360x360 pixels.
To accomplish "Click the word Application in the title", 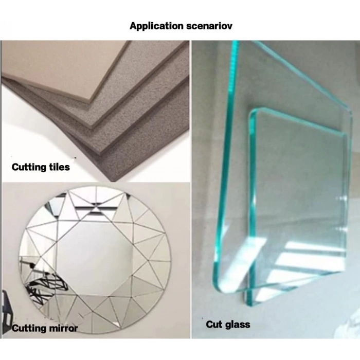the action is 156,26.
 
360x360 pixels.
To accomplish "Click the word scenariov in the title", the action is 209,26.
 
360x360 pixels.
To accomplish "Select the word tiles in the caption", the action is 59,167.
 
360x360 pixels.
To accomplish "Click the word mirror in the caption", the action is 63,328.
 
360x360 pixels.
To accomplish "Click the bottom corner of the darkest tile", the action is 113,182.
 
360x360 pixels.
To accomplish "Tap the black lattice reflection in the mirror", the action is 46,287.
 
